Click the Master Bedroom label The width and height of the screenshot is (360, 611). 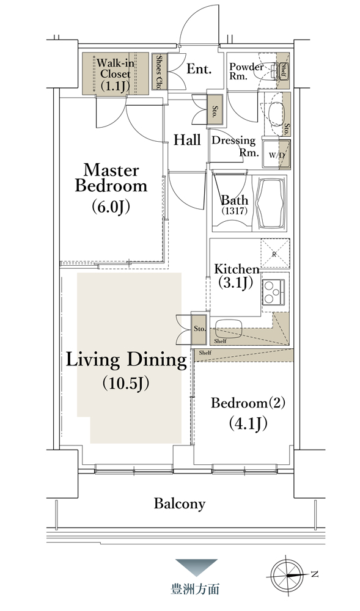pos(111,188)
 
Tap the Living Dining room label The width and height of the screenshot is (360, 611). pos(127,370)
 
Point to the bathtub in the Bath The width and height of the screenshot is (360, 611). pos(271,205)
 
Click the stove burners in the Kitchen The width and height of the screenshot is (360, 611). pos(274,292)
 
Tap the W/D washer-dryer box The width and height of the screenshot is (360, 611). pos(277,155)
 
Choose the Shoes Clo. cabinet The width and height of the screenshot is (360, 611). pos(159,72)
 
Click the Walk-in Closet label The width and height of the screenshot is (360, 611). pos(113,74)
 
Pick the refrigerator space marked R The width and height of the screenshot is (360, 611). pos(274,254)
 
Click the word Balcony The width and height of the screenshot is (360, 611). pos(179,503)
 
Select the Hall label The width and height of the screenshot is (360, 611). pos(187,140)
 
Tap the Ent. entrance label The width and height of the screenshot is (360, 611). pos(199,69)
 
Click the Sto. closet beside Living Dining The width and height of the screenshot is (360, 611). pos(199,329)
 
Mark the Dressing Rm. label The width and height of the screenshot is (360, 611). pos(235,146)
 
